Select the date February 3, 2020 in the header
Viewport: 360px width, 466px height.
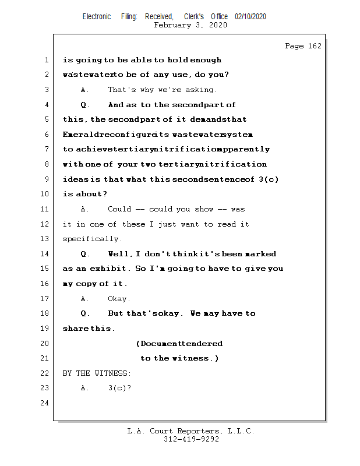(x=190, y=25)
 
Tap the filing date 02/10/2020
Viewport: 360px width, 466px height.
(x=250, y=17)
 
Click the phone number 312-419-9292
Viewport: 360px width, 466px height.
(x=191, y=440)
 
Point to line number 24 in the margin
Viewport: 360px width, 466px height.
(x=45, y=403)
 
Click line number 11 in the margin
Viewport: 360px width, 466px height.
(x=45, y=209)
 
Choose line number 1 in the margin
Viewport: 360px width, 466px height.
(x=45, y=60)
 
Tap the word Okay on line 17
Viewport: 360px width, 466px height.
(x=118, y=299)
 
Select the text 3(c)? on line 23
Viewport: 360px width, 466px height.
(x=119, y=388)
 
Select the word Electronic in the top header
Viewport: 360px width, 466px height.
(x=97, y=17)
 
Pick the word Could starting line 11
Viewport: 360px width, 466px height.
(x=119, y=209)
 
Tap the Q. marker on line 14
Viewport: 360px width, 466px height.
(x=85, y=254)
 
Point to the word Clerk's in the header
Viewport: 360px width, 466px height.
(x=194, y=17)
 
